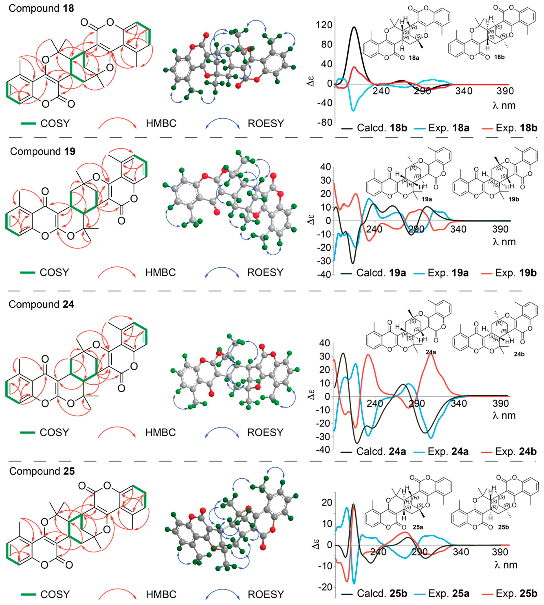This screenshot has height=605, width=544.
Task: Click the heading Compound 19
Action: pyautogui.click(x=43, y=151)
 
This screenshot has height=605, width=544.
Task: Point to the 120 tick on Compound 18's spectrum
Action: pyautogui.click(x=324, y=25)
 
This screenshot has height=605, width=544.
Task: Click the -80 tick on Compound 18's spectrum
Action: pyautogui.click(x=325, y=123)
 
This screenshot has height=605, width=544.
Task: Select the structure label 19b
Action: pyautogui.click(x=514, y=199)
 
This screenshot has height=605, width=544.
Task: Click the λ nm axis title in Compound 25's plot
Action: pyautogui.click(x=506, y=565)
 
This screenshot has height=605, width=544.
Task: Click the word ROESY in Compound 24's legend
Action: pyautogui.click(x=265, y=432)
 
